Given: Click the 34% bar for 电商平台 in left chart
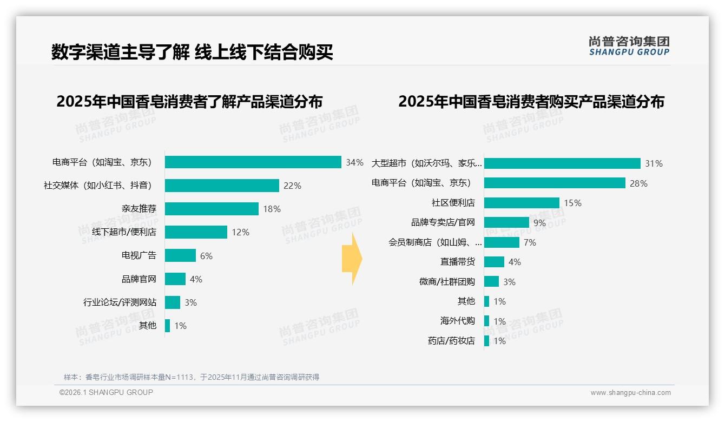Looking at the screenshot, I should click(253, 162).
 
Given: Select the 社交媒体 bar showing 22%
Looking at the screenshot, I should click(222, 186).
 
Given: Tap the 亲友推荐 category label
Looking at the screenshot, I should click(139, 209).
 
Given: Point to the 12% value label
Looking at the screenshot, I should click(240, 232).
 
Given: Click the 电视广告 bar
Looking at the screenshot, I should click(180, 255).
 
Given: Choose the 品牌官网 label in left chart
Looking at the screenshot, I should click(139, 279).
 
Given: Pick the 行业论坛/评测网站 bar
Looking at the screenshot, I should click(173, 302).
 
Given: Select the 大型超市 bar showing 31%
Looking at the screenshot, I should click(562, 163).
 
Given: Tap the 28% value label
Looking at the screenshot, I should click(638, 183).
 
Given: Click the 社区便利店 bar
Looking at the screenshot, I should click(522, 203).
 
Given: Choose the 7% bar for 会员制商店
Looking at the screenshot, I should click(502, 242).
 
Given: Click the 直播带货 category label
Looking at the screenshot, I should click(457, 262).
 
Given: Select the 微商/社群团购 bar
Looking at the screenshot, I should click(491, 281).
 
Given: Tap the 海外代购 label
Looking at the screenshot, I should click(457, 321).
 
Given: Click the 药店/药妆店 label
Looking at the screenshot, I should click(451, 341).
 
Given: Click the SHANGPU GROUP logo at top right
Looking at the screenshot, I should click(629, 46).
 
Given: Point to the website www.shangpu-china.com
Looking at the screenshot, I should click(630, 393).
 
